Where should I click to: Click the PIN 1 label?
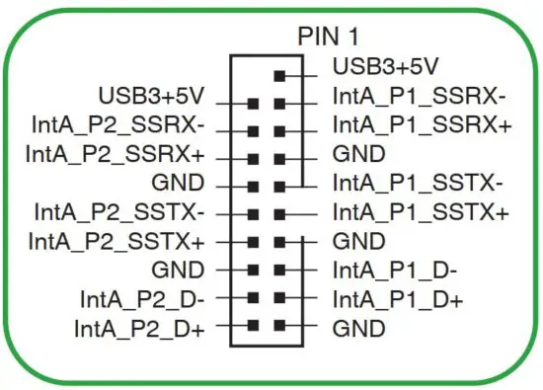click(329, 37)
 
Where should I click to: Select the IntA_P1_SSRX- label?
click(420, 98)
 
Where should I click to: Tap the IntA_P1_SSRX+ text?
click(422, 126)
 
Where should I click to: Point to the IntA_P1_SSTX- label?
click(420, 183)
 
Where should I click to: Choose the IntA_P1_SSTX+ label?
click(422, 211)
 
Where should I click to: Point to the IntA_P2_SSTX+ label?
click(116, 240)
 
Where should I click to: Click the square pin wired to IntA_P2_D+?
click(254, 325)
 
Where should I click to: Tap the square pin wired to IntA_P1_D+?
click(280, 296)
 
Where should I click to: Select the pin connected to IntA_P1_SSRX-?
click(280, 101)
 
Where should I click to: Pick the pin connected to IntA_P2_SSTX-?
click(254, 212)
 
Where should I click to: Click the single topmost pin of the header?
click(280, 73)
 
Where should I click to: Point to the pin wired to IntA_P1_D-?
click(280, 269)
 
